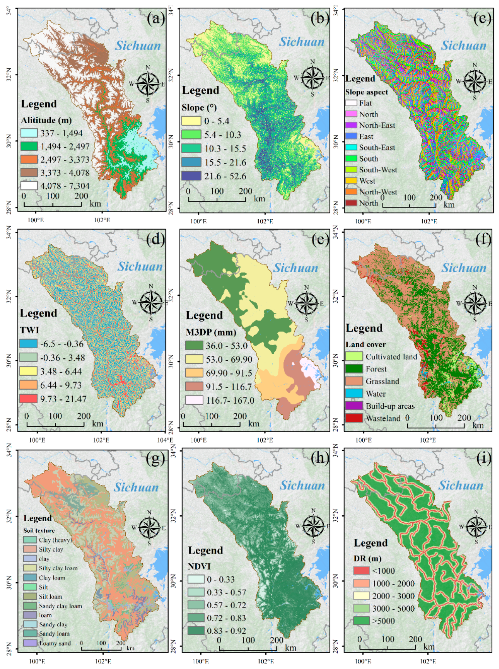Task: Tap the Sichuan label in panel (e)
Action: click(x=296, y=268)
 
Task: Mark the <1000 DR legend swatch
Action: click(x=361, y=570)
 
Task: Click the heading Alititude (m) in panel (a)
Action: click(x=46, y=120)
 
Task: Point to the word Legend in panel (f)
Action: click(x=364, y=328)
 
